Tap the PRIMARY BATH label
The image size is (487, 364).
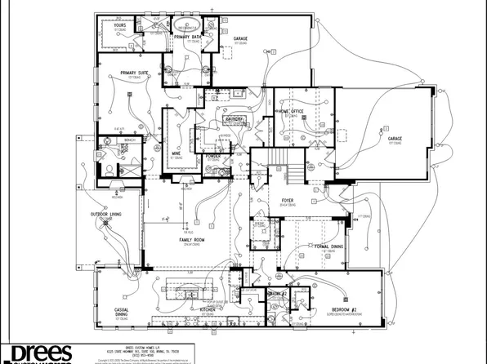(x=187, y=37)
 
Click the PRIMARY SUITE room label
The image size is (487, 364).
(x=133, y=73)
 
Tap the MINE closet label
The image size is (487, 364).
(x=176, y=153)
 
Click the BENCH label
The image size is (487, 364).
(x=129, y=140)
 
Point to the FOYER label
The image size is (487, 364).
(x=288, y=198)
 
